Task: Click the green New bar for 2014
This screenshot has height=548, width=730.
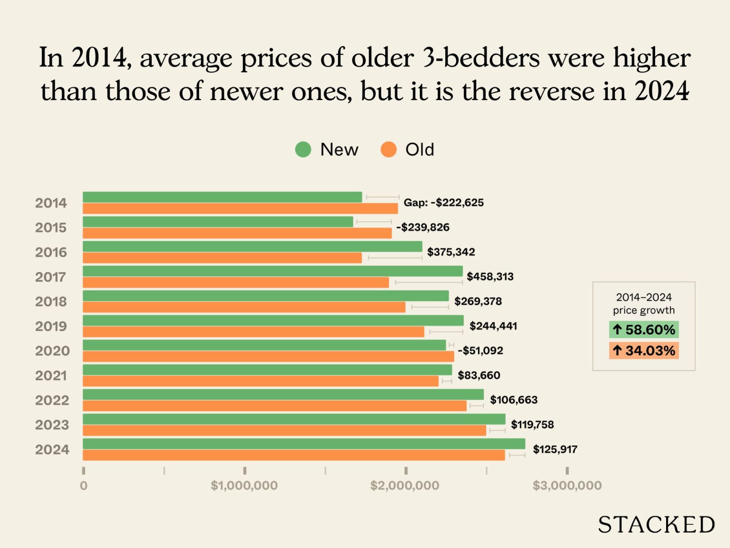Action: [222, 197]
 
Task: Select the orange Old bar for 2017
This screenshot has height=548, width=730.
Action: [235, 283]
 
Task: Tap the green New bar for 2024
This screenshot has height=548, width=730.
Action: [304, 444]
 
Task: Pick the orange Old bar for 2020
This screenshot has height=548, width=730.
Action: [268, 357]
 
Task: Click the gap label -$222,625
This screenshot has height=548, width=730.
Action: [443, 203]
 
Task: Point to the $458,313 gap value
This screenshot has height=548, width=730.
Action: [490, 277]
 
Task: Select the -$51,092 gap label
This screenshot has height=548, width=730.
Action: [480, 351]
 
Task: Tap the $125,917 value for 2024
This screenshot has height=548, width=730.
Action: [555, 449]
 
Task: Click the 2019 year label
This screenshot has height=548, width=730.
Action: [51, 327]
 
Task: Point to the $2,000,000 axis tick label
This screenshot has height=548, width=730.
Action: [405, 485]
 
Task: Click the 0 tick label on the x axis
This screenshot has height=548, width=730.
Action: [83, 485]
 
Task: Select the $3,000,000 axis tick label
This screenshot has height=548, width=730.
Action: [567, 485]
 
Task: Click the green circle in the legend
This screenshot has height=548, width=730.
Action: [303, 149]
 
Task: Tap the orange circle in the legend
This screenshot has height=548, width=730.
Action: [388, 149]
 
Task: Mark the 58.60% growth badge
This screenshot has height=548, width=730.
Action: [644, 330]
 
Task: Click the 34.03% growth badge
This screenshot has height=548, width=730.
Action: [644, 351]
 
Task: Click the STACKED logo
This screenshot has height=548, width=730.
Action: [656, 525]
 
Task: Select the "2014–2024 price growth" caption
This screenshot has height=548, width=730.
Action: [644, 304]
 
